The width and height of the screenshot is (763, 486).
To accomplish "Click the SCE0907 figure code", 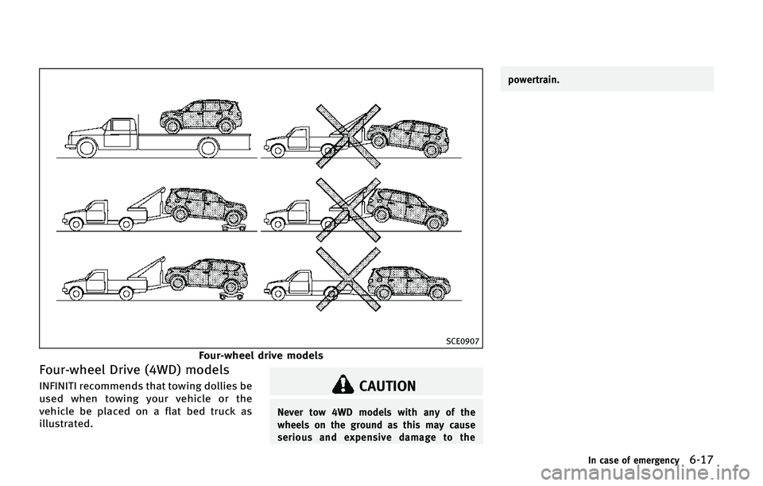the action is [463, 341].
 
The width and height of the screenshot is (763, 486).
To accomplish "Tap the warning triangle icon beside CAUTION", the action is [343, 384].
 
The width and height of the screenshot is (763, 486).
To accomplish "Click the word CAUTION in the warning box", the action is [387, 386].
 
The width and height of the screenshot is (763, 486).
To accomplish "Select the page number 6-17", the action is [702, 459].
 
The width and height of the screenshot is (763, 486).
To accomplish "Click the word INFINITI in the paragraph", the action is [57, 386].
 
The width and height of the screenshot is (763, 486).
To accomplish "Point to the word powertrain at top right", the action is [534, 80].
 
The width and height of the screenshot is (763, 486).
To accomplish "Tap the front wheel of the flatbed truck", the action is [87, 148].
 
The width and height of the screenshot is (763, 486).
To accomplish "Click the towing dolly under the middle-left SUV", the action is [234, 228].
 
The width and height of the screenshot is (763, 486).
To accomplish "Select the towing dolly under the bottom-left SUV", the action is [230, 296].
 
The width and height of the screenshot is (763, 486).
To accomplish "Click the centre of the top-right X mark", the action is [347, 136].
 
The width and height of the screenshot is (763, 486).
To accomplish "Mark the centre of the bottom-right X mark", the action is [347, 278].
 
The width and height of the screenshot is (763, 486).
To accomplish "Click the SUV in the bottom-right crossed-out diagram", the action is [409, 282].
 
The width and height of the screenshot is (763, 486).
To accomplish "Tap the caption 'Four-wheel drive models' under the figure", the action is [261, 356].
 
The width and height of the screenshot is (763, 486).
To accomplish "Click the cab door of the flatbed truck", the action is [117, 134].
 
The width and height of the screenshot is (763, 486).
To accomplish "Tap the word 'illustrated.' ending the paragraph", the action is [65, 424].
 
